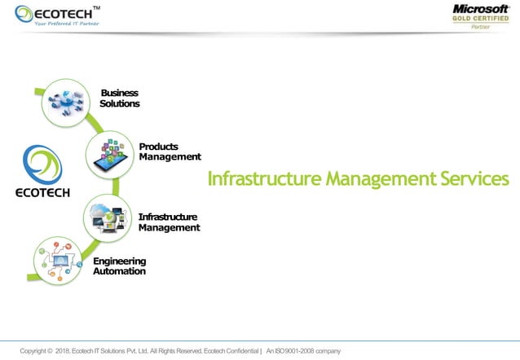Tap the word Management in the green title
click(x=372, y=178)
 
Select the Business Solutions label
click(x=119, y=98)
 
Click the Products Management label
click(x=170, y=151)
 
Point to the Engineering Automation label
click(x=119, y=266)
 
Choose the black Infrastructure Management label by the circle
click(x=168, y=222)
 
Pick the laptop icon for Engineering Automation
click(x=59, y=261)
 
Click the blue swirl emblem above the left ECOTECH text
click(x=42, y=166)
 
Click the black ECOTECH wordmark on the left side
click(x=43, y=193)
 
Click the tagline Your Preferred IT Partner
click(x=65, y=24)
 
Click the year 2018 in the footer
click(x=65, y=351)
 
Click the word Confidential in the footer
click(x=237, y=351)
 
